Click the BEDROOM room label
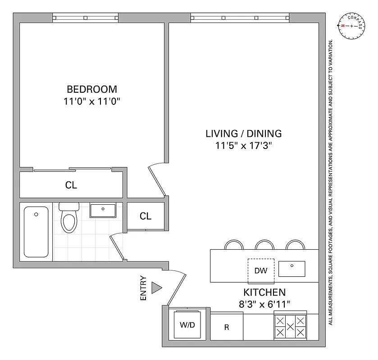[92, 89]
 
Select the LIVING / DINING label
[243, 134]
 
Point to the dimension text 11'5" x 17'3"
[243, 145]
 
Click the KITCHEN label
[264, 292]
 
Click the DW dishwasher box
[261, 270]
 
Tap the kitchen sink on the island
[291, 269]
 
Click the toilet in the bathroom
[69, 218]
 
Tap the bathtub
[36, 231]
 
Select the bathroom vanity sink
[103, 210]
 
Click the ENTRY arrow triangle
[156, 288]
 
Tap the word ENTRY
[143, 288]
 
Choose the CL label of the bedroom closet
[71, 185]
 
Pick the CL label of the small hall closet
[145, 216]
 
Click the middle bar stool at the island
[264, 245]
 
